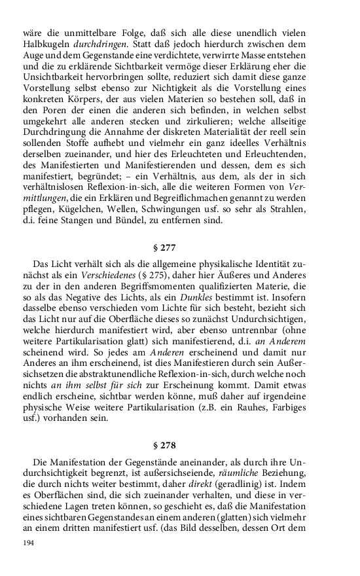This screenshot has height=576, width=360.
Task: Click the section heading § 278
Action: point(179,447)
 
